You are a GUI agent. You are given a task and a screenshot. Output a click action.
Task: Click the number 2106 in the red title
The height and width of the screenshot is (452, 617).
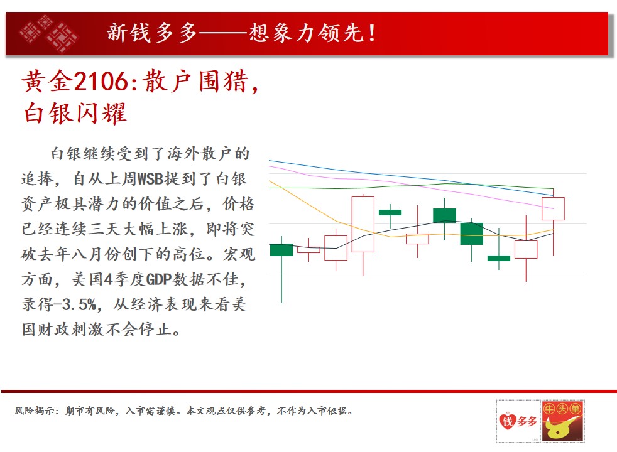(x=101, y=82)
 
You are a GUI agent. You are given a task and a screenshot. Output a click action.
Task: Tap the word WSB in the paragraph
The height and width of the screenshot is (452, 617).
(x=150, y=179)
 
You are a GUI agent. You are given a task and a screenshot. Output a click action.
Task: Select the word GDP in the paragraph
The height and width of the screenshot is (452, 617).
(x=158, y=279)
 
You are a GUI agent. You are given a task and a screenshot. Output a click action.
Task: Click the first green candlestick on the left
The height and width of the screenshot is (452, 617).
(x=281, y=250)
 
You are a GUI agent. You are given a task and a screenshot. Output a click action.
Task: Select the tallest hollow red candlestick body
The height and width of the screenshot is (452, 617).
(x=363, y=224)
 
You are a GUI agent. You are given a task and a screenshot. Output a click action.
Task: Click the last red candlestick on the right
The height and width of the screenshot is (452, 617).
(x=553, y=208)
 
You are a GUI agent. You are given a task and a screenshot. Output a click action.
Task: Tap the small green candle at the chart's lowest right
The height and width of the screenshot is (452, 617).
(x=498, y=258)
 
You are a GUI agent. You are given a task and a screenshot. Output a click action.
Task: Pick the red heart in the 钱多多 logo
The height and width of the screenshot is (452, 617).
(x=508, y=421)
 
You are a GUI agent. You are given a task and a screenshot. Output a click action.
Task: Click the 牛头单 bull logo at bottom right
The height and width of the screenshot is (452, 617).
(x=562, y=421)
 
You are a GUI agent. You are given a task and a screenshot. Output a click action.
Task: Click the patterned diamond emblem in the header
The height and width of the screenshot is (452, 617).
(x=49, y=33)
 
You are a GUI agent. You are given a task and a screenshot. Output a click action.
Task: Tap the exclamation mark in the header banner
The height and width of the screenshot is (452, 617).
(x=371, y=33)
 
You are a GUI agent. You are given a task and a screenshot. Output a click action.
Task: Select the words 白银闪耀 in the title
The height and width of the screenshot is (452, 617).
(x=75, y=113)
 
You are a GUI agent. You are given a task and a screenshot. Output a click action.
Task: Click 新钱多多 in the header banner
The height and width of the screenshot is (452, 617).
(x=152, y=33)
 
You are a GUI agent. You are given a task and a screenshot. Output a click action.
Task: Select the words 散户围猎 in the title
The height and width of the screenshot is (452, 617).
(x=195, y=82)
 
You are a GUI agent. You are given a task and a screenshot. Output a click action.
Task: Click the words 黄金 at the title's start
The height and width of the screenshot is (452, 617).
(x=48, y=82)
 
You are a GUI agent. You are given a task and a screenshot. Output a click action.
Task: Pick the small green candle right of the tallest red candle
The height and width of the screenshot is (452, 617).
(x=390, y=212)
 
